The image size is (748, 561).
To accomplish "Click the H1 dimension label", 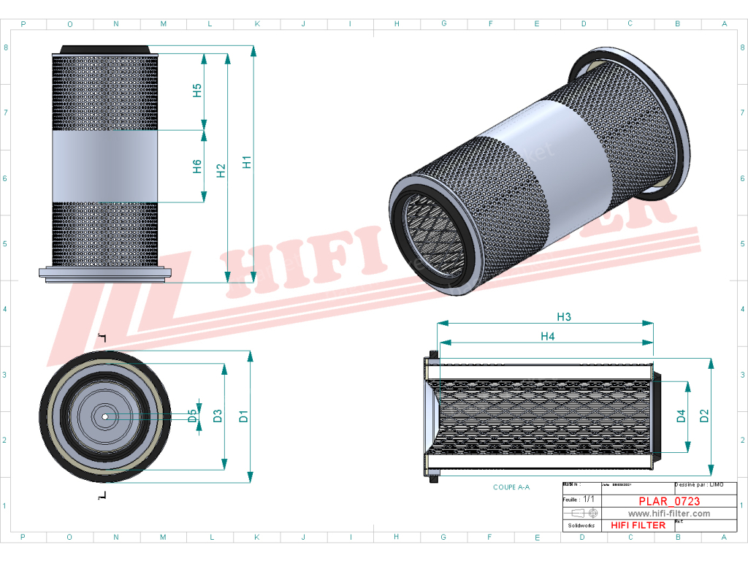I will pyautogui.click(x=248, y=162).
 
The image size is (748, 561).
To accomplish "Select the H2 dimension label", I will pyautogui.click(x=221, y=170).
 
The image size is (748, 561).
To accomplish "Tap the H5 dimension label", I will pyautogui.click(x=197, y=91).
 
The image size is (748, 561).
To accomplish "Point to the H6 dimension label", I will pyautogui.click(x=197, y=167).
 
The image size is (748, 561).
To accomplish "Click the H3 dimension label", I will pyautogui.click(x=563, y=317).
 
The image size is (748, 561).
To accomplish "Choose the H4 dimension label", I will pyautogui.click(x=547, y=336).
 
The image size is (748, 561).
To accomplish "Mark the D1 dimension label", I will pyautogui.click(x=244, y=416).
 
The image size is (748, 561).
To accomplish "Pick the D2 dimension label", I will pyautogui.click(x=704, y=416).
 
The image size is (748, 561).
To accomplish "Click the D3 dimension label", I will pyautogui.click(x=218, y=416).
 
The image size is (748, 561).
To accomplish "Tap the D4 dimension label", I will pyautogui.click(x=681, y=416).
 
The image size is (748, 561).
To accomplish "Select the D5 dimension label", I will pyautogui.click(x=192, y=416).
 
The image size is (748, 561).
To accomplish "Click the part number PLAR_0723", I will pyautogui.click(x=669, y=501).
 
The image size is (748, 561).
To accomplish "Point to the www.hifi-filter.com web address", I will pyautogui.click(x=669, y=514).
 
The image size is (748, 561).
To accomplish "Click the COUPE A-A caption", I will pyautogui.click(x=511, y=486).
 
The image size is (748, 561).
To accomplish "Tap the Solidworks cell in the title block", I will pyautogui.click(x=581, y=525).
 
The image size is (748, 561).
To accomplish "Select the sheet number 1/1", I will pyautogui.click(x=590, y=500).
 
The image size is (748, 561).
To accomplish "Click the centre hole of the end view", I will pyautogui.click(x=105, y=417).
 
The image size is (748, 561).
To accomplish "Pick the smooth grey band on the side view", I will pyautogui.click(x=105, y=167).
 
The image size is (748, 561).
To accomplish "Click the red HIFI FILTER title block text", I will pyautogui.click(x=638, y=525).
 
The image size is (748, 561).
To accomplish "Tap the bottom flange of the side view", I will pyautogui.click(x=105, y=273).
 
